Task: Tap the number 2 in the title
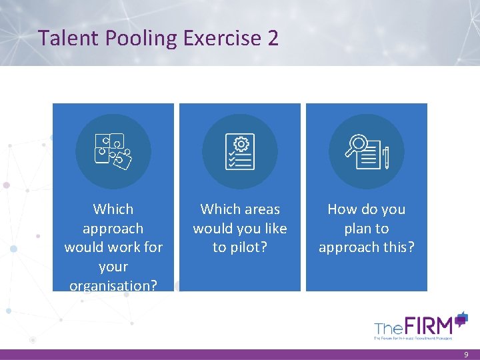pos(273,38)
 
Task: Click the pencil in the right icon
pos(386,158)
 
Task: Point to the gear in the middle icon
pos(241,143)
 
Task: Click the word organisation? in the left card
pos(113,285)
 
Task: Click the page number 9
pos(466,355)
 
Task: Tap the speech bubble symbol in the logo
pos(461,318)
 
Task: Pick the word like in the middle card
pos(274,229)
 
